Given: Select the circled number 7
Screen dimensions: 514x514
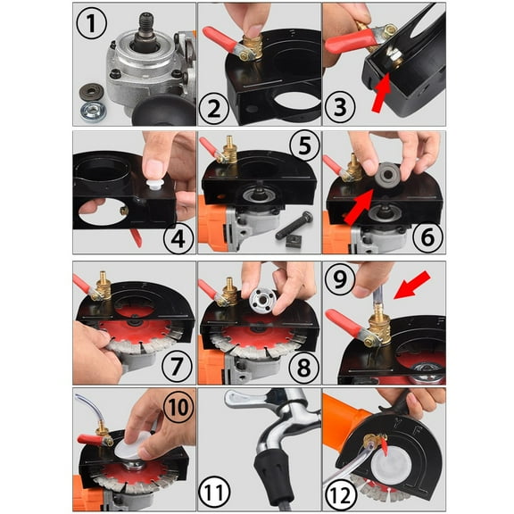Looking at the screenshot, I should [x=164, y=363].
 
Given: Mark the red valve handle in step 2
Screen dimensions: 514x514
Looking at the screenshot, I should [x=217, y=40].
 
